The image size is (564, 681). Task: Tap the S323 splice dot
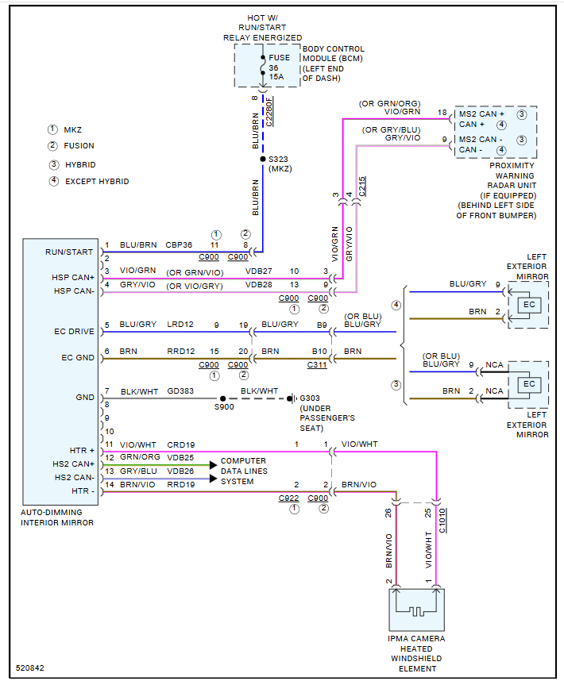click(x=263, y=159)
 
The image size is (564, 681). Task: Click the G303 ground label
click(x=311, y=398)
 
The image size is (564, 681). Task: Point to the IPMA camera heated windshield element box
click(x=416, y=610)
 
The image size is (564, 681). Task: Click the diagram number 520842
click(x=30, y=668)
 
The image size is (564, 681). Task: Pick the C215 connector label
click(x=362, y=187)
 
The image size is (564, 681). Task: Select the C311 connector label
click(x=318, y=365)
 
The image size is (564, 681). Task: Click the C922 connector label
click(x=288, y=498)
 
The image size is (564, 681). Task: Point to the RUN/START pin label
click(x=68, y=252)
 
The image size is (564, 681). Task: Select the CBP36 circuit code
click(x=180, y=245)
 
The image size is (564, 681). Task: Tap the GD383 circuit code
click(x=180, y=391)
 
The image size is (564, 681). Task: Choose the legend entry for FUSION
click(x=79, y=146)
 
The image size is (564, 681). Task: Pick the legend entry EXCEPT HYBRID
click(x=96, y=182)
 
